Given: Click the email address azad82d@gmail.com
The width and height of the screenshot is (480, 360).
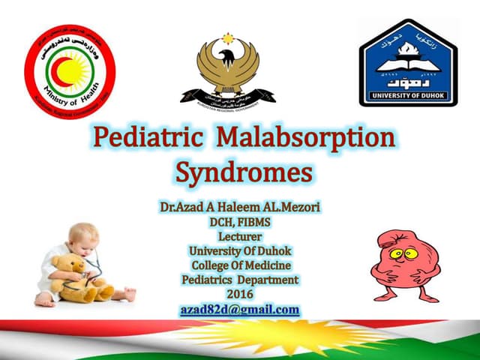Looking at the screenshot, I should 240,309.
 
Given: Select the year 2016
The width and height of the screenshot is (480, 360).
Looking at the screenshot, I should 241,294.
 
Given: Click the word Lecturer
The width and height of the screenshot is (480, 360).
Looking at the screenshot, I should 240,236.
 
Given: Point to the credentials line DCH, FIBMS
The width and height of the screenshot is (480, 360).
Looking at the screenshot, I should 240,222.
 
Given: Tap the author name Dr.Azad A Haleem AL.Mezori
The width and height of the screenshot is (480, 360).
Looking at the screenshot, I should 240,206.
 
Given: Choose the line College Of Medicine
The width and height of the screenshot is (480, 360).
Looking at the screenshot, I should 240,265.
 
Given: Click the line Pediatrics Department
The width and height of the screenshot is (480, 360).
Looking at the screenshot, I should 240,280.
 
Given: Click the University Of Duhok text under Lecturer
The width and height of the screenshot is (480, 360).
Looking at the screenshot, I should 240,250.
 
